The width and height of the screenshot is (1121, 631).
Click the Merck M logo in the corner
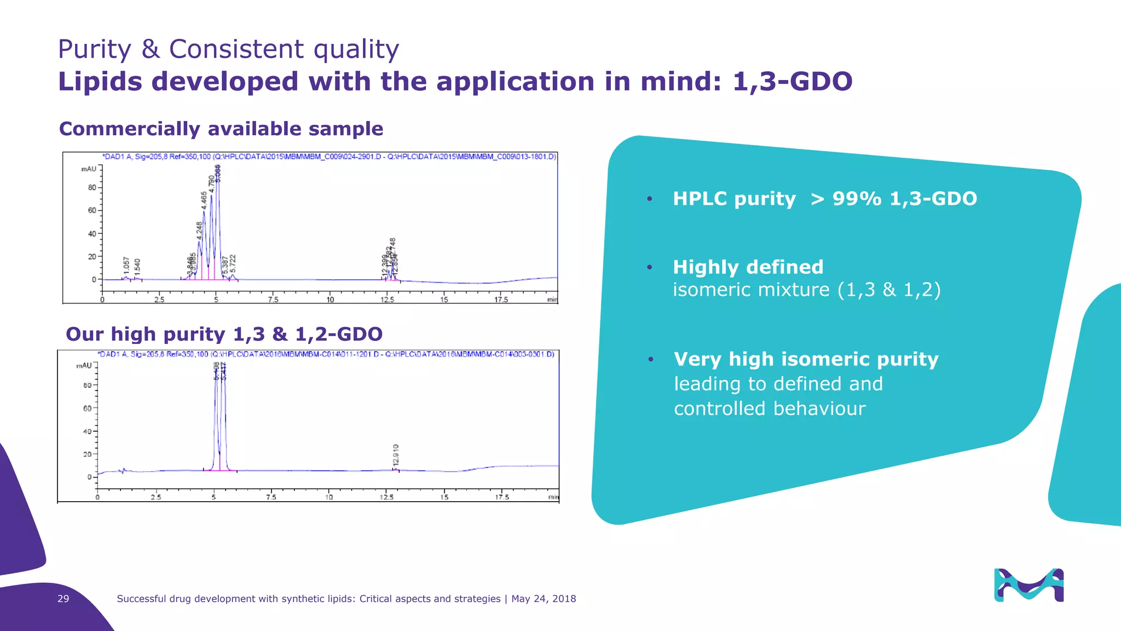(1028, 585)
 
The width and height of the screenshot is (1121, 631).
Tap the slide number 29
(63, 599)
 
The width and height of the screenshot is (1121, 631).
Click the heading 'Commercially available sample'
(221, 129)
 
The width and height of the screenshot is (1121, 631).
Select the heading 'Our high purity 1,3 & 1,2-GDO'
(224, 334)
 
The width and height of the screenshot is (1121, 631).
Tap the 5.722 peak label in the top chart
(233, 263)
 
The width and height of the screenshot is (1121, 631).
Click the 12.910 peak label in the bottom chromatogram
(396, 456)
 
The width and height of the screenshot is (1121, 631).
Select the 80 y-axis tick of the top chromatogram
(92, 187)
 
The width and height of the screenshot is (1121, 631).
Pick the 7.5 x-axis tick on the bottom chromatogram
(271, 497)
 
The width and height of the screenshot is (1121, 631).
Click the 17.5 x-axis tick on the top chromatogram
(501, 300)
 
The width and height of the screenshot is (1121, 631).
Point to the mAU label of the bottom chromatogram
(84, 365)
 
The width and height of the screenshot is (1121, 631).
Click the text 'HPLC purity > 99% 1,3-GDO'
(824, 198)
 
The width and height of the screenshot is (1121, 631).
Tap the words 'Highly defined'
(748, 267)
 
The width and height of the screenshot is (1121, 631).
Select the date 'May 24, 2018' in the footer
(544, 599)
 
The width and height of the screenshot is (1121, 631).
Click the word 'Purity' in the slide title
(95, 49)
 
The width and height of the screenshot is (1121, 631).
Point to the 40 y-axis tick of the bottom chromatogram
(87, 432)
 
